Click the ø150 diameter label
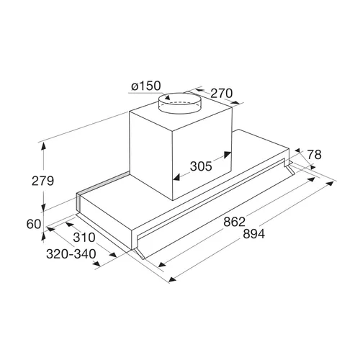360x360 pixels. pos(146,86)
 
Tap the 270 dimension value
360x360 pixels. pos(221,94)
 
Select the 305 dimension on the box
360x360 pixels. pos(201,166)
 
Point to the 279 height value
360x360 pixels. pos(42,181)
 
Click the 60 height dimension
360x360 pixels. pos(34,225)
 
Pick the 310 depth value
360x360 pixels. pos(84,238)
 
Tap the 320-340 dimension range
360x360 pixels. pos(71,254)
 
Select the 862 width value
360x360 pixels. pos(234,222)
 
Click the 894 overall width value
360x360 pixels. pos(253,234)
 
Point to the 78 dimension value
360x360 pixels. pos(314,155)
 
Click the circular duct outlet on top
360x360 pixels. pos(180,103)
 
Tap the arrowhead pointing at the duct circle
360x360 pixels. pos(166,96)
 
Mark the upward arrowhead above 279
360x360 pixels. pos(43,146)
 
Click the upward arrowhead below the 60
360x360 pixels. pos(43,237)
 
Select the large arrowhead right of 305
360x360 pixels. pos(227,154)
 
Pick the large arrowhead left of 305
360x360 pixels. pos(177,178)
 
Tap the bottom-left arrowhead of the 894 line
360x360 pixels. pos(172,279)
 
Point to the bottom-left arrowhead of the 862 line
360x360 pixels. pos(162,264)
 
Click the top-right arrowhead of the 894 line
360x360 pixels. pos(330,184)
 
